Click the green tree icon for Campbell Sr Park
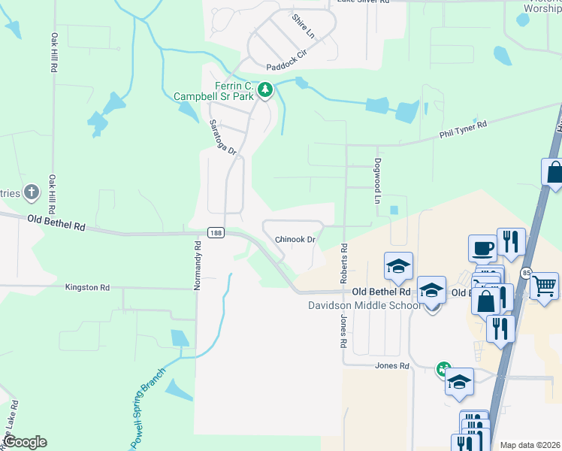click(x=264, y=91)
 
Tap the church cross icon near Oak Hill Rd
click(x=32, y=192)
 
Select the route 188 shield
click(x=216, y=233)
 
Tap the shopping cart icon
click(x=544, y=286)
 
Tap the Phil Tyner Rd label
click(x=463, y=129)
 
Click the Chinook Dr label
click(x=295, y=239)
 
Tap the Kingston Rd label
click(x=88, y=287)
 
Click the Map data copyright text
click(x=530, y=445)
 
